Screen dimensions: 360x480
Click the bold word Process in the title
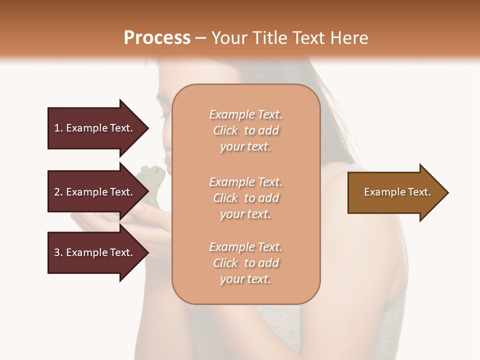157,37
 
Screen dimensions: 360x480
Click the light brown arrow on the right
395,192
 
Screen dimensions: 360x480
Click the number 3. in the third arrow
58,252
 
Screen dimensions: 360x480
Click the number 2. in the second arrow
58,192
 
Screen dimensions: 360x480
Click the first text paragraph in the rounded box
245,130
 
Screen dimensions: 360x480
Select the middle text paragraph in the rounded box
245,198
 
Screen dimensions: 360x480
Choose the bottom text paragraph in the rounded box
245,263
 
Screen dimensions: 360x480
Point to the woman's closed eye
165,115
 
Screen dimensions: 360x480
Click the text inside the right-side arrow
397,192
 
